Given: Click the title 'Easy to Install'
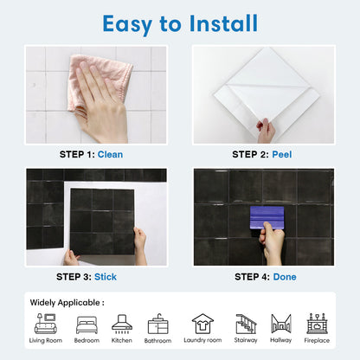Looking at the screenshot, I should coord(180,22).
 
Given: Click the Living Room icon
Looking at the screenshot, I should coord(46,324).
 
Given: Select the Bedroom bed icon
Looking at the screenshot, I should coord(87,325).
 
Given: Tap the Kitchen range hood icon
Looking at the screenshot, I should coord(122,324).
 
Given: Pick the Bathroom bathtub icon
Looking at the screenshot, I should coord(158,325).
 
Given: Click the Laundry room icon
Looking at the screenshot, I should coord(202,324).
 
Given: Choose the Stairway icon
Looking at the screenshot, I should coord(247,324).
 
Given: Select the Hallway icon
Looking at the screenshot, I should coord(281,324).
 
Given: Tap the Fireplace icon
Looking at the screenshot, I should coord(317,324).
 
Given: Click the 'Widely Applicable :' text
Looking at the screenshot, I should coord(67,303).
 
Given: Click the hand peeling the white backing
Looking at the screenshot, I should coord(266,131).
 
